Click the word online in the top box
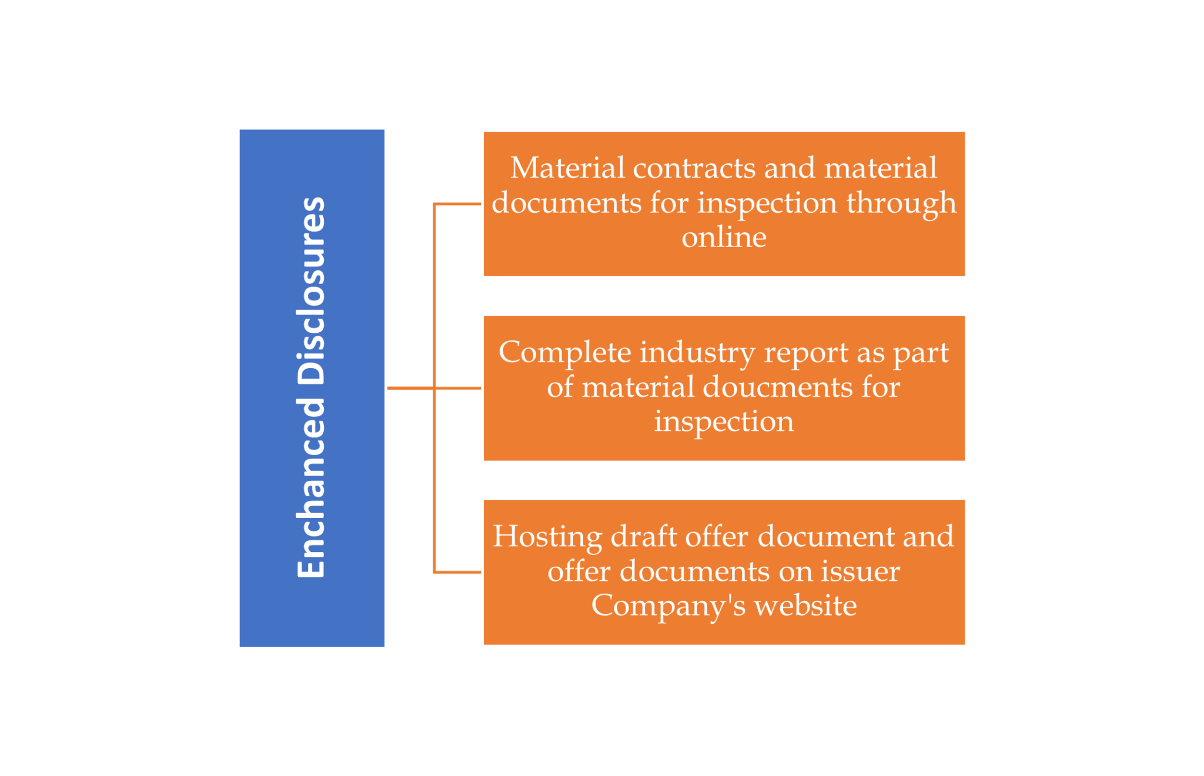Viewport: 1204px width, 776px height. [724, 238]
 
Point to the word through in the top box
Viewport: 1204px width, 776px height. [901, 203]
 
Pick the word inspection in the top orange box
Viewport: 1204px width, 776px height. [767, 203]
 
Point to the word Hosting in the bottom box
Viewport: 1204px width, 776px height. [547, 537]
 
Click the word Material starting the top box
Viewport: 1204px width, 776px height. [567, 169]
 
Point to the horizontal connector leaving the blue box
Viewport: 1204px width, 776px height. [410, 388]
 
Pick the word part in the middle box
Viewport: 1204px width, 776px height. [921, 353]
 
